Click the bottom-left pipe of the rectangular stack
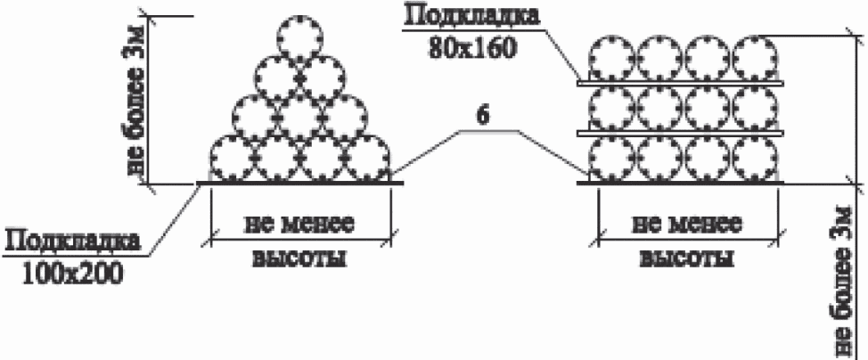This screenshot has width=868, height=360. [x=610, y=160]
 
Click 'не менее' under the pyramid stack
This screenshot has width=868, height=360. [x=299, y=225]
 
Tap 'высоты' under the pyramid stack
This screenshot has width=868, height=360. [x=299, y=258]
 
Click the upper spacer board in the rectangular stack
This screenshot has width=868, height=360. [x=680, y=83]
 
